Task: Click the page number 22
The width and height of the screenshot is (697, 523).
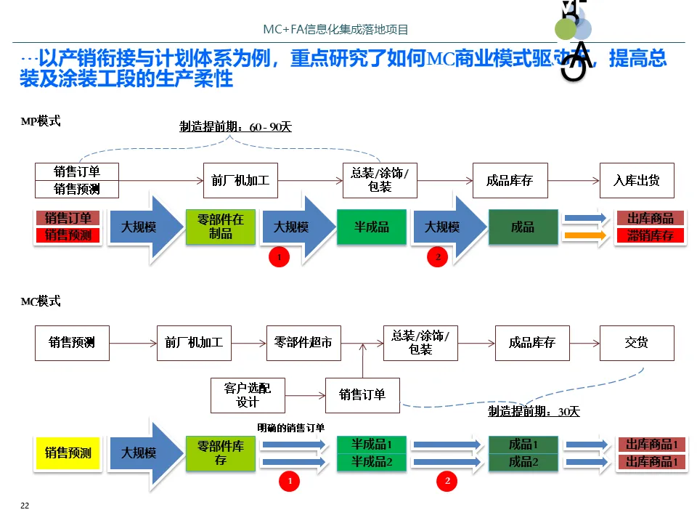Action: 25,506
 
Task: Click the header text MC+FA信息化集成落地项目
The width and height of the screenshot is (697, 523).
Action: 335,30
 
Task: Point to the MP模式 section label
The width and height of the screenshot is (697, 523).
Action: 41,121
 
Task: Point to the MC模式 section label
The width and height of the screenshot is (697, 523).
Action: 41,301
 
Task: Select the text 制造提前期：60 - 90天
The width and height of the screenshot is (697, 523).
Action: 235,127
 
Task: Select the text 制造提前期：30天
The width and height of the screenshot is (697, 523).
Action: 534,411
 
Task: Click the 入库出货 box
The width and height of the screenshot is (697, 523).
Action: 637,180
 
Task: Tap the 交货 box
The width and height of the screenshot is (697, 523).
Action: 637,343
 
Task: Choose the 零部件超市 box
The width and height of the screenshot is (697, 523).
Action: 303,343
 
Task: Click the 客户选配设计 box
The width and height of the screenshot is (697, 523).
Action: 248,395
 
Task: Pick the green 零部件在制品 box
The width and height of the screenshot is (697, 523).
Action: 221,227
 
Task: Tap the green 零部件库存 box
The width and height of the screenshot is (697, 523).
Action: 221,453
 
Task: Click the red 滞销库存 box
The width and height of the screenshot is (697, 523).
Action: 650,235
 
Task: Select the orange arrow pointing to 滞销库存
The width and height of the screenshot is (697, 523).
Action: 585,235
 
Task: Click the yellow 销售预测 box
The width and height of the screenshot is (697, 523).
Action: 68,453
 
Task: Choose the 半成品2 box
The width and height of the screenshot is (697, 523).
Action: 372,462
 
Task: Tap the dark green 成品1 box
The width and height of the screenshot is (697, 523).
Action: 523,445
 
